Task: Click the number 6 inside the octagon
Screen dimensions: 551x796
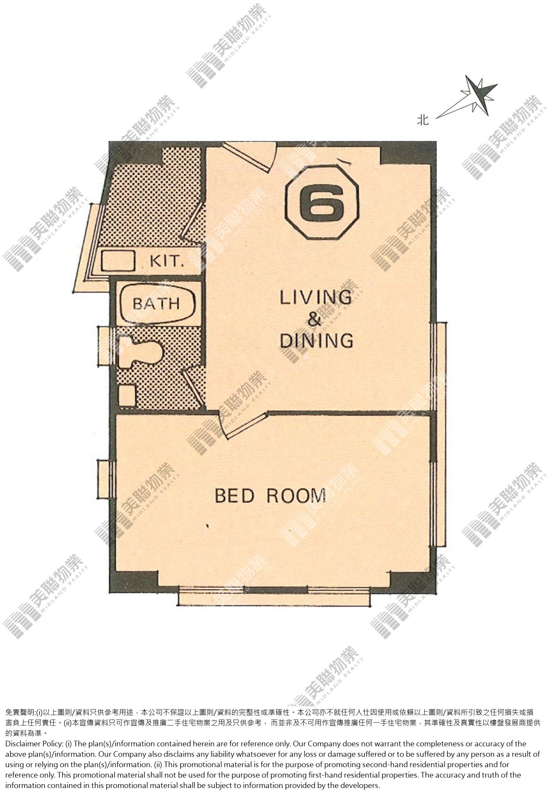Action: point(321,204)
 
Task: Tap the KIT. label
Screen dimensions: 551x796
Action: point(167,261)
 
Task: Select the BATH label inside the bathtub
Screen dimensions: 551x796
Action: point(156,303)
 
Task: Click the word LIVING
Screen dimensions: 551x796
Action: point(315,298)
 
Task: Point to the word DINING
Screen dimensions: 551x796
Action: point(316,340)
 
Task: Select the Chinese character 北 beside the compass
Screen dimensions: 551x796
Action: point(423,120)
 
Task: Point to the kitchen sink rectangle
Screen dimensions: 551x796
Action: point(118,261)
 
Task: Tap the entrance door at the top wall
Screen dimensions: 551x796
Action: point(248,157)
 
